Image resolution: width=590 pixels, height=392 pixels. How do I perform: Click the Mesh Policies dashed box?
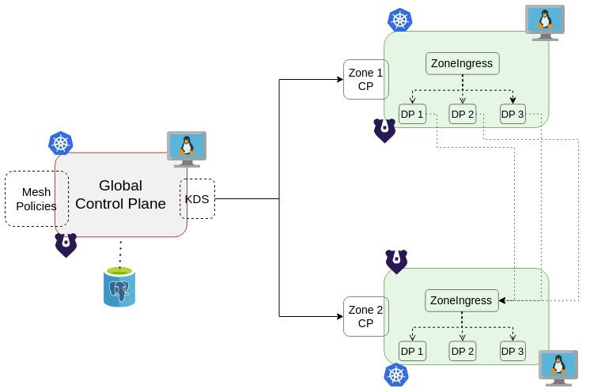pos(36,198)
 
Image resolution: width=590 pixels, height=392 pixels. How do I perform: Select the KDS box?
pos(197,199)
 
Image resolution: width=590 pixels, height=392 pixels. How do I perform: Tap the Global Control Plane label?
pos(120,194)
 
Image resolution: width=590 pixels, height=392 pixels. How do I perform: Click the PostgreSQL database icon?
pos(119,286)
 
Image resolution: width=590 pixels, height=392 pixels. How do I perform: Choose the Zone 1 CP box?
pos(365,79)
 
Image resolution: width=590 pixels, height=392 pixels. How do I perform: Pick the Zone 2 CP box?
pos(365,316)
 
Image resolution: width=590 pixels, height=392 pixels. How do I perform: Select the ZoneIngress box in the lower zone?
pos(461,300)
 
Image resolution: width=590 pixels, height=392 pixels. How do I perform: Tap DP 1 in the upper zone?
pos(412,114)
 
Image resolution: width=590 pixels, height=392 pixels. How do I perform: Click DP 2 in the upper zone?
pos(462,114)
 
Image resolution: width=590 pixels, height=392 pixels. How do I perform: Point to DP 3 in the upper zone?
pos(512,114)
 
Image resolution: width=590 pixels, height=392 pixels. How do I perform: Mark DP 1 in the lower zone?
pos(412,351)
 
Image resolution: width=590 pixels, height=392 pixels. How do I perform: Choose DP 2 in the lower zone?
pos(462,351)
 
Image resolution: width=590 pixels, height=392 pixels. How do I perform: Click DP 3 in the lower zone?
pos(512,351)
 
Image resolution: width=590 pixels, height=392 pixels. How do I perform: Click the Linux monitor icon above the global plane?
pos(186,148)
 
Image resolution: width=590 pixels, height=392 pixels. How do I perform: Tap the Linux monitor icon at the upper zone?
pos(545,21)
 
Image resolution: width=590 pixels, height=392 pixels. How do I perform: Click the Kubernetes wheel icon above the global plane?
pos(61,143)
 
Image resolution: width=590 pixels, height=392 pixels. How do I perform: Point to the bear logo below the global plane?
pos(66,245)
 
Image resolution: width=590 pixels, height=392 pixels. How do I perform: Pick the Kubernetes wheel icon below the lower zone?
pos(396,375)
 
